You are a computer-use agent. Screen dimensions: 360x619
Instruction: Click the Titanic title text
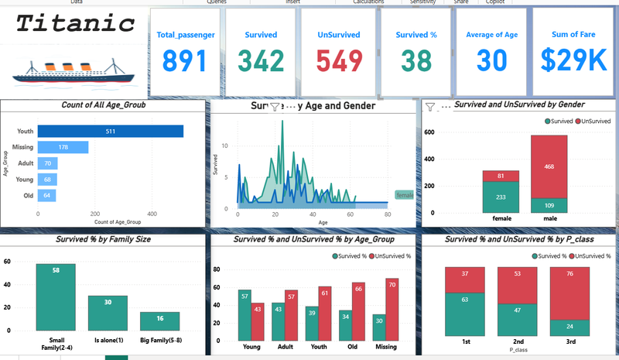pyautogui.click(x=76, y=23)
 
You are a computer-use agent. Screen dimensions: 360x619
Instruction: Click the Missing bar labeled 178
pyautogui.click(x=63, y=147)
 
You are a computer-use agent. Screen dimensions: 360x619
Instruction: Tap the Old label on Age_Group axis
pyautogui.click(x=28, y=196)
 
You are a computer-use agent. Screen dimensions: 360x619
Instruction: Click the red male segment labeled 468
pyautogui.click(x=549, y=166)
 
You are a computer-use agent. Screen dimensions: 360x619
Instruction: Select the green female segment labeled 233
pyautogui.click(x=501, y=197)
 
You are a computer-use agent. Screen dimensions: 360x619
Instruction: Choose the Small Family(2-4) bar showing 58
pyautogui.click(x=56, y=297)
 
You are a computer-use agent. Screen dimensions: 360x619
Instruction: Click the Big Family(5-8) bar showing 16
pyautogui.click(x=159, y=321)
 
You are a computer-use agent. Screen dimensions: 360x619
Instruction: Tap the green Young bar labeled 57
pyautogui.click(x=245, y=314)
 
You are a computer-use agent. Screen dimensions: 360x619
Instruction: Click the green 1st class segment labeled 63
pyautogui.click(x=464, y=314)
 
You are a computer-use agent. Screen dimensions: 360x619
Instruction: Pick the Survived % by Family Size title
pyautogui.click(x=104, y=239)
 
